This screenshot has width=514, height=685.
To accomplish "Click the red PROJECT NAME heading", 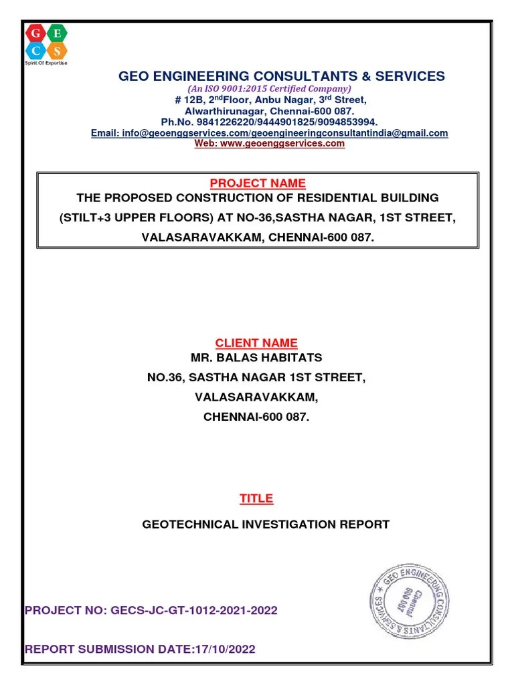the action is tap(258, 183).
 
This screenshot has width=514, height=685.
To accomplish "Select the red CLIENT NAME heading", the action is tap(256, 343).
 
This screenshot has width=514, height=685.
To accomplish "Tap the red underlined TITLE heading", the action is tap(256, 498).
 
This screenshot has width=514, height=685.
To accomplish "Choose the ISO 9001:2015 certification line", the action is tap(269, 89).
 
